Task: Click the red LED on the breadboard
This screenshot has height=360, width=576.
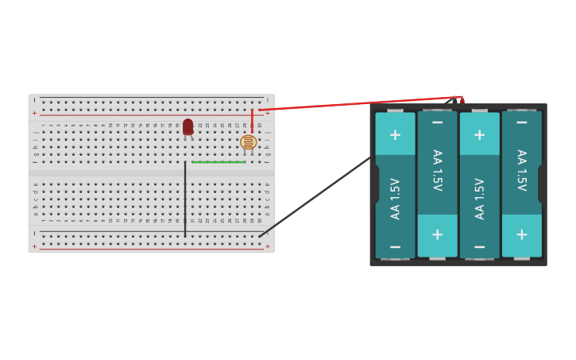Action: [187, 126]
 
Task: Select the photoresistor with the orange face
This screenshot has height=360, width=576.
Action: [248, 142]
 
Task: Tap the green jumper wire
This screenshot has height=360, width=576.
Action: [218, 162]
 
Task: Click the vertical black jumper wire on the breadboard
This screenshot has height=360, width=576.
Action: [185, 199]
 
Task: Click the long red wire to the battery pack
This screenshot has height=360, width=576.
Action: [358, 103]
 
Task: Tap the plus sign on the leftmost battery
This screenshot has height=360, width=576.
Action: [395, 134]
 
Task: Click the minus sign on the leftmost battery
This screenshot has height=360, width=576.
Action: [395, 247]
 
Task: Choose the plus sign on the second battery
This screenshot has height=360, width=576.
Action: [437, 234]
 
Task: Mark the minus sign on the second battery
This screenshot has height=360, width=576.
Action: [437, 122]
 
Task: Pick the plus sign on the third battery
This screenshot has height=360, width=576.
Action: [479, 134]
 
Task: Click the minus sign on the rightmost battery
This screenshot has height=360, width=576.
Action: [521, 122]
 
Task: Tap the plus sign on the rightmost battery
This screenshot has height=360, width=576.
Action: [521, 234]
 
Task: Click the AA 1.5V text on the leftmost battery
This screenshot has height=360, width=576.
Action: [395, 198]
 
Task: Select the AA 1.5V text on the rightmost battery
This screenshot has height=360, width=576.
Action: [521, 170]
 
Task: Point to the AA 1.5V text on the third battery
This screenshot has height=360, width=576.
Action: [479, 198]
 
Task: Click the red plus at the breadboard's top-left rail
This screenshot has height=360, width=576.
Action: [34, 113]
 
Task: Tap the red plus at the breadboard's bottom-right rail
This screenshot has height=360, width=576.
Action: [267, 246]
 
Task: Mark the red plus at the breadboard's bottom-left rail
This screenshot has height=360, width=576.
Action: [34, 246]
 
